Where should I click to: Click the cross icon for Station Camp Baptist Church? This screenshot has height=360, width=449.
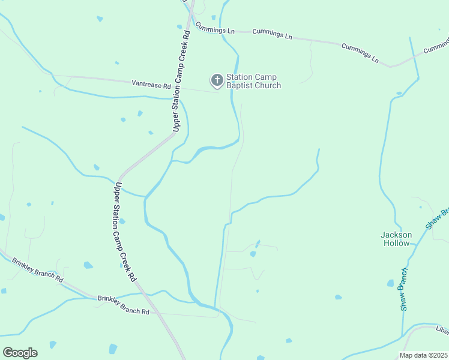click(x=216, y=80)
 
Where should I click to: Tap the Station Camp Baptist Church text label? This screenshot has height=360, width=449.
click(x=253, y=81)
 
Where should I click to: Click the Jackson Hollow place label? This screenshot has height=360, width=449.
click(x=396, y=239)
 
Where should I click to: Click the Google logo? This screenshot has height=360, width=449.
click(x=20, y=353)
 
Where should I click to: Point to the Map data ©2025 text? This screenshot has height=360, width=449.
click(x=423, y=355)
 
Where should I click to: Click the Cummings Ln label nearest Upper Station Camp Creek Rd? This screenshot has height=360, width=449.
click(x=215, y=29)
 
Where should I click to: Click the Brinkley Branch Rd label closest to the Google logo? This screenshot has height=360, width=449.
click(x=37, y=271)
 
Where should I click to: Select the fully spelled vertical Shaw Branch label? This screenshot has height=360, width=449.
click(x=405, y=289)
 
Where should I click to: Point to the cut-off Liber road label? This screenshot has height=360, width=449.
click(x=442, y=329)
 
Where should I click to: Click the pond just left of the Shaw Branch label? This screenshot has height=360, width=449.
click(x=391, y=283)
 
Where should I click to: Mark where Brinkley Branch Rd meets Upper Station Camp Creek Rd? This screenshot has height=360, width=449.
click(x=144, y=295)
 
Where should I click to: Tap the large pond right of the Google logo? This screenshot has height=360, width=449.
click(x=113, y=349)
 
